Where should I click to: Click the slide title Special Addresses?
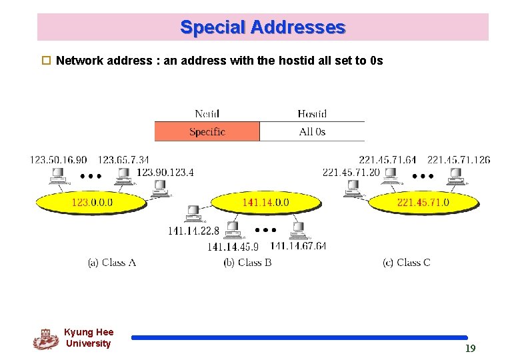(x=263, y=27)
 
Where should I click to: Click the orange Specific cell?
(x=207, y=132)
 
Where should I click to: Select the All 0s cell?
(x=312, y=132)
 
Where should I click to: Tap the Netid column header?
(x=207, y=114)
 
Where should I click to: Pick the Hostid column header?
(x=312, y=114)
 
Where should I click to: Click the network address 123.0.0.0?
(x=92, y=202)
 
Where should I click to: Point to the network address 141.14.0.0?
(x=265, y=202)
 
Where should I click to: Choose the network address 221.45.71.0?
(x=423, y=202)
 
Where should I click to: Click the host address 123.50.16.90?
(x=58, y=160)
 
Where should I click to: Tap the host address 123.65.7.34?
(x=123, y=160)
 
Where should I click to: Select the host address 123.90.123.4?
(x=165, y=173)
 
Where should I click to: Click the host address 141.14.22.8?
(x=193, y=231)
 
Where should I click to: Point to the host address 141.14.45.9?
(x=233, y=247)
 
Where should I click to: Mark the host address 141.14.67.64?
(x=298, y=246)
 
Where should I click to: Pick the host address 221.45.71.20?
(x=351, y=173)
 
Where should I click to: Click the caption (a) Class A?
(x=112, y=263)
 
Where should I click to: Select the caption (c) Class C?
(x=407, y=263)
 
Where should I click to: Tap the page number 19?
(x=470, y=348)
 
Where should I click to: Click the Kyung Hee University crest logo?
(x=45, y=339)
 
